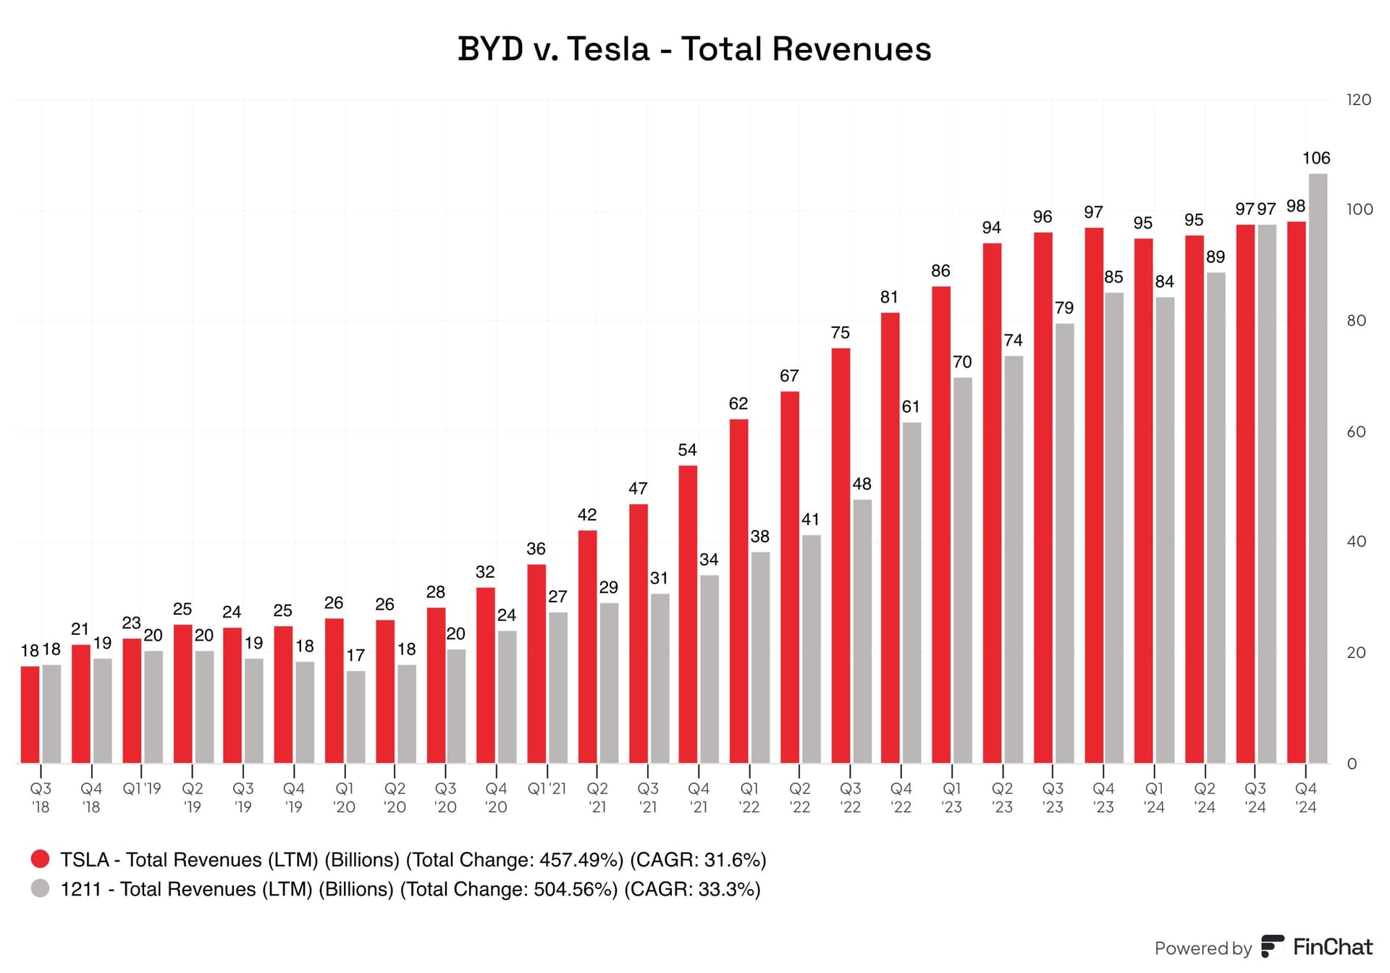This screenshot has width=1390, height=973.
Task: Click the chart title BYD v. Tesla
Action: click(x=694, y=49)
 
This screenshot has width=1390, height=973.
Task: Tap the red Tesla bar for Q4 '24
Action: click(x=1296, y=492)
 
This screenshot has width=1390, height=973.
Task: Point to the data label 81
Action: click(x=889, y=298)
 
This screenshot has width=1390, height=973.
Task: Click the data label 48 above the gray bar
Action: click(x=862, y=484)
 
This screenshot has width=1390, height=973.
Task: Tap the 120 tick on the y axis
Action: click(x=1358, y=100)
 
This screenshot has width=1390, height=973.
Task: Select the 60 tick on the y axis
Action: click(x=1356, y=432)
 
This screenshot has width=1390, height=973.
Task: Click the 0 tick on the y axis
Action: click(x=1352, y=764)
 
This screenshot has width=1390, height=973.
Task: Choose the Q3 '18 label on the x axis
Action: click(x=41, y=797)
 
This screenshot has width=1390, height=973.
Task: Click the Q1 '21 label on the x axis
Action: click(x=547, y=788)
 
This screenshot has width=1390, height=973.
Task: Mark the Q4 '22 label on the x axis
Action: click(x=901, y=797)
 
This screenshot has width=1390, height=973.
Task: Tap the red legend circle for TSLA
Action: click(x=41, y=859)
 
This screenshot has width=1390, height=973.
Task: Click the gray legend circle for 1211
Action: click(x=41, y=888)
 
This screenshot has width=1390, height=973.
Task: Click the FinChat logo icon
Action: click(x=1272, y=946)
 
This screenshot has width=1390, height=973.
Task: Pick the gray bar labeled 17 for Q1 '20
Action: click(x=355, y=717)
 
